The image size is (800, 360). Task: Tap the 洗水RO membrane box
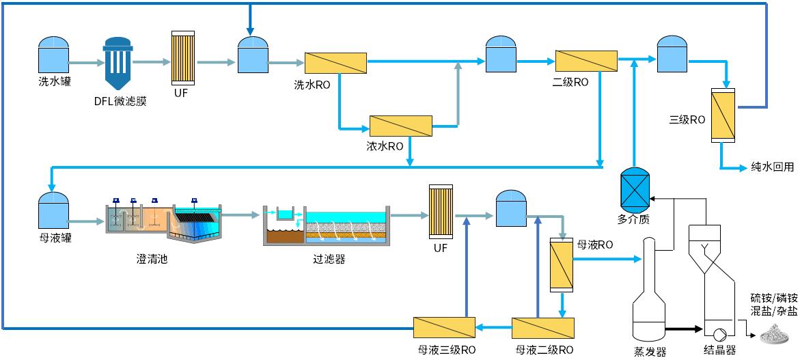point(336,62)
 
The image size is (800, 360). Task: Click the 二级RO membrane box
point(586,61)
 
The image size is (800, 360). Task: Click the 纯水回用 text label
point(771,166)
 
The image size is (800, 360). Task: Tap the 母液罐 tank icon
point(54,209)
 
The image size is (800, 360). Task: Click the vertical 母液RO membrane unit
point(562,264)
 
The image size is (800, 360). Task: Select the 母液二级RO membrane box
point(543,327)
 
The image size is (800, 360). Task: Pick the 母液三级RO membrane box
point(444,327)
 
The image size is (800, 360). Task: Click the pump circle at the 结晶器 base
point(719,335)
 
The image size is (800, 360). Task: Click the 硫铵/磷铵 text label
point(773,298)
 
